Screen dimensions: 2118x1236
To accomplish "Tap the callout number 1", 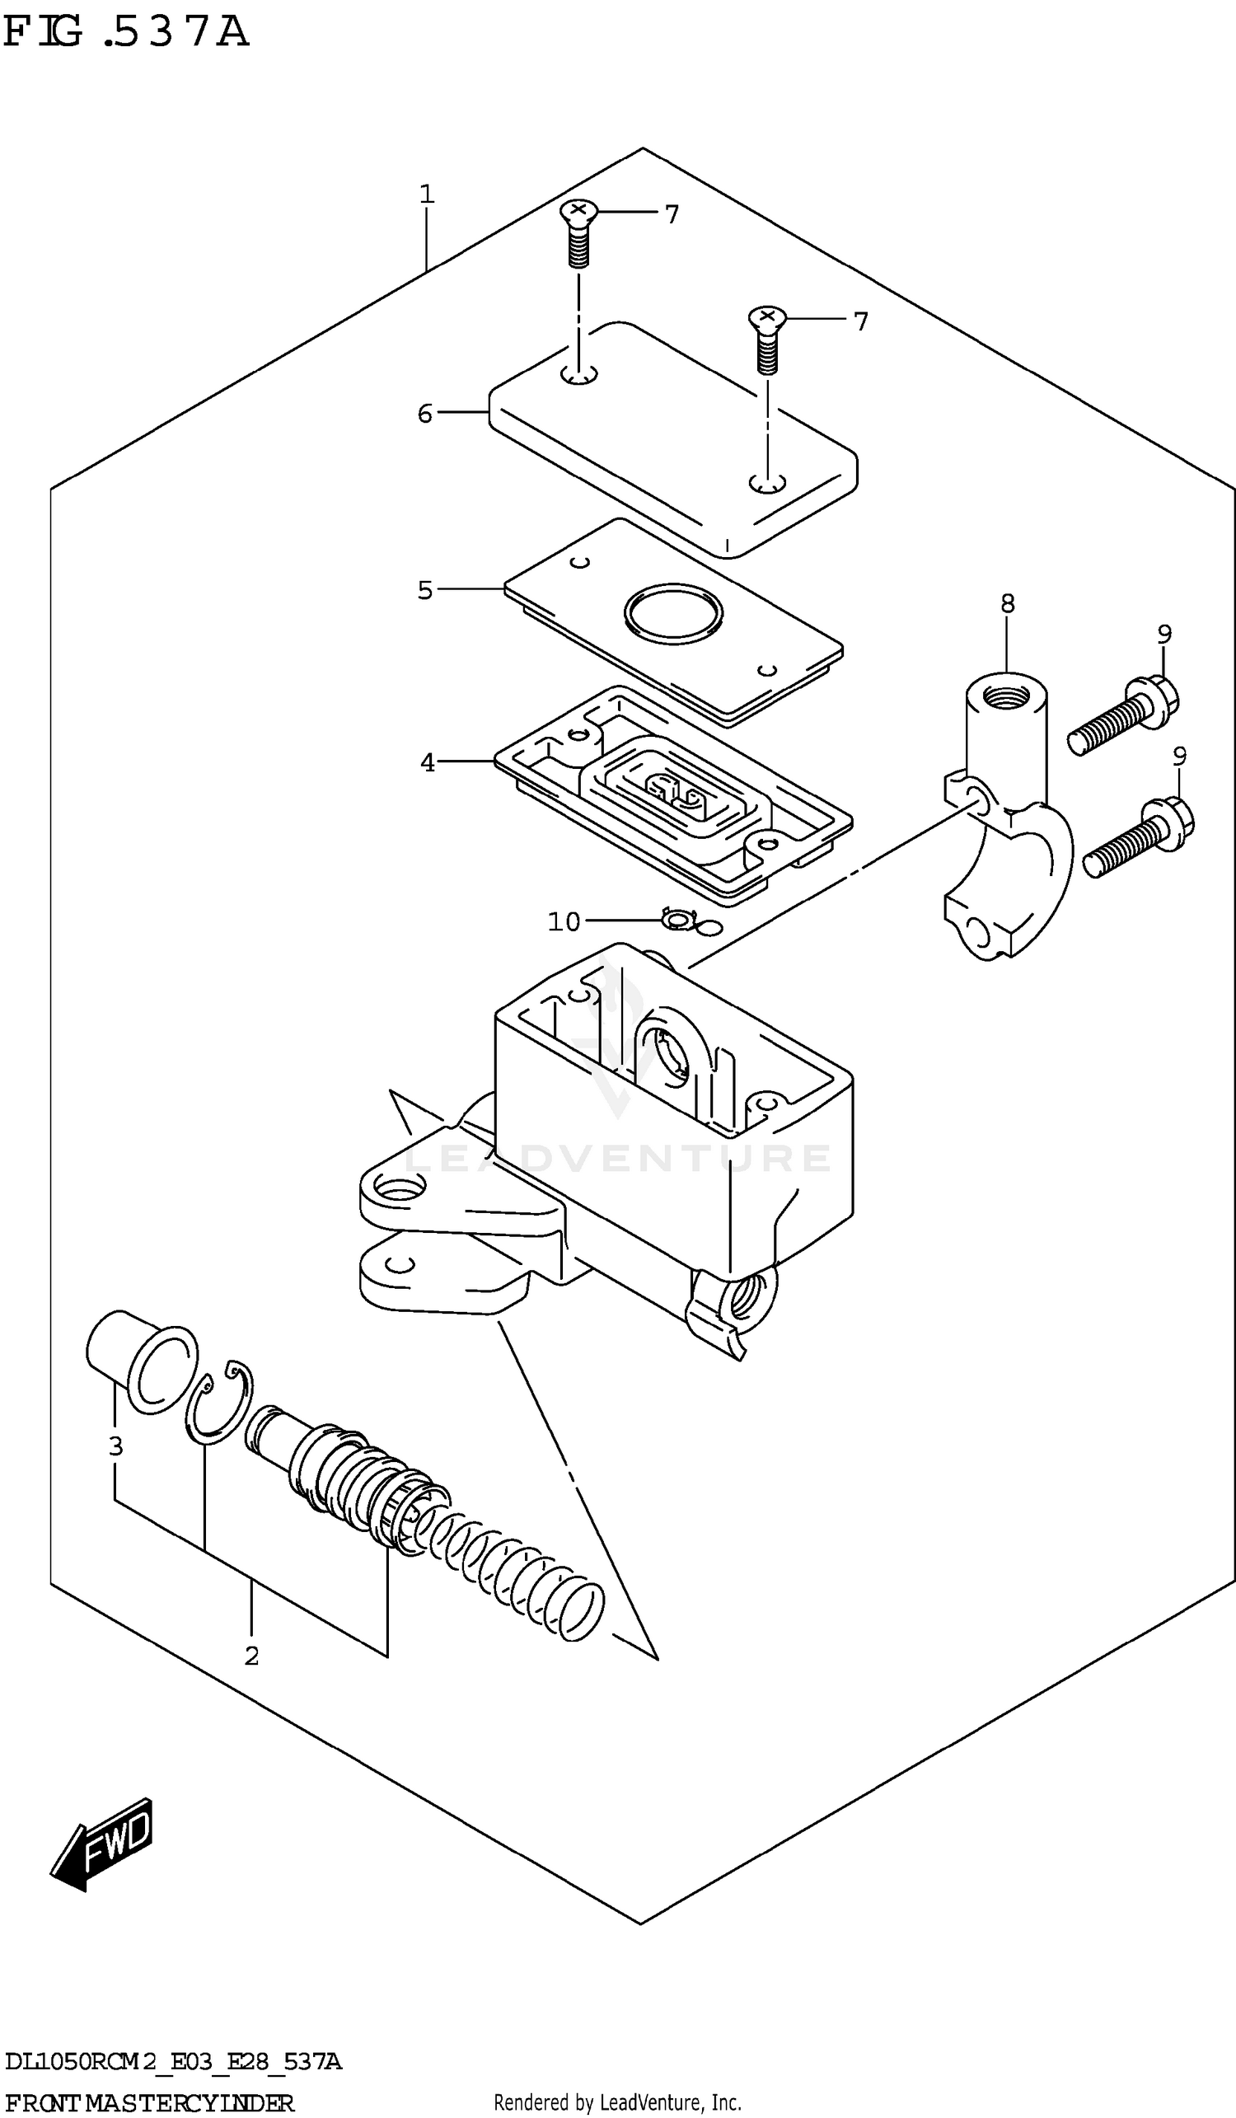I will tap(427, 195).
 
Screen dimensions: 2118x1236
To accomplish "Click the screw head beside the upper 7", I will tap(578, 210).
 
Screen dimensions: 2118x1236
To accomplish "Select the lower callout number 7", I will tap(860, 321).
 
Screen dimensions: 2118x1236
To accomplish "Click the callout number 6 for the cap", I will tap(425, 414).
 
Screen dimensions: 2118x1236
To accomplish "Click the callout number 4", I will tap(428, 762).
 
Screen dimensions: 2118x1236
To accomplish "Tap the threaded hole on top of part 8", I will tap(1005, 695).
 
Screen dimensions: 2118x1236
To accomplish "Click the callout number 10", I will tap(564, 922).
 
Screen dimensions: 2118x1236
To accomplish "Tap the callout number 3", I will tap(116, 1446).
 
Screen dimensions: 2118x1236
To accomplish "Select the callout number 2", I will tap(251, 1656).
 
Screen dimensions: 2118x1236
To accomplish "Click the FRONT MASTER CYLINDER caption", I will tap(150, 2103).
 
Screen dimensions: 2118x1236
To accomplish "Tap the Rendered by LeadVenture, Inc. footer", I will tap(616, 2103).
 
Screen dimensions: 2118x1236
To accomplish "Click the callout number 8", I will tap(1008, 602).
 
